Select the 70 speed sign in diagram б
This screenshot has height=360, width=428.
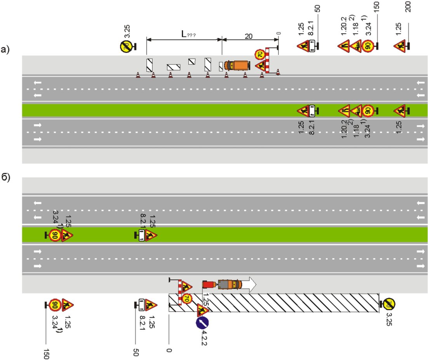tap(186, 299)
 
